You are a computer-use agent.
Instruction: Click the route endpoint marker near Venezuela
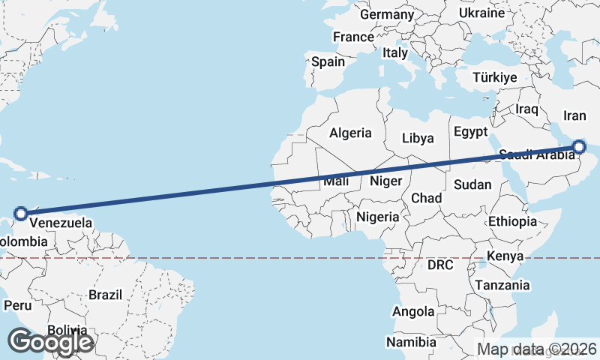[21, 213]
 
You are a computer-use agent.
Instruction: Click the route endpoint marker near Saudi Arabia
[579, 147]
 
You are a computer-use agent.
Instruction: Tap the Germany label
[387, 14]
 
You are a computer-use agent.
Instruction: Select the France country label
[353, 37]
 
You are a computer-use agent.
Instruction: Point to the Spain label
[328, 62]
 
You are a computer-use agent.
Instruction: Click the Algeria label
[350, 133]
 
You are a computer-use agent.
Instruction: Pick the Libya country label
[418, 138]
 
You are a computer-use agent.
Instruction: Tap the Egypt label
[471, 132]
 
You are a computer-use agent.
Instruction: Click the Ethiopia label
[512, 221]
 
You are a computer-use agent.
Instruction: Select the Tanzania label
[502, 285]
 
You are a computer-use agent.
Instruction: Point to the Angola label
[413, 311]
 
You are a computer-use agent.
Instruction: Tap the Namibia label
[411, 342]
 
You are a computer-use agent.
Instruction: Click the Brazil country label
[105, 295]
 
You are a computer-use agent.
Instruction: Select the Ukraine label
[481, 13]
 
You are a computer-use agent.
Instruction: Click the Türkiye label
[495, 78]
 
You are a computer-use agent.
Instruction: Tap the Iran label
[574, 115]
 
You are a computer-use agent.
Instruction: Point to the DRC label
[442, 265]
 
